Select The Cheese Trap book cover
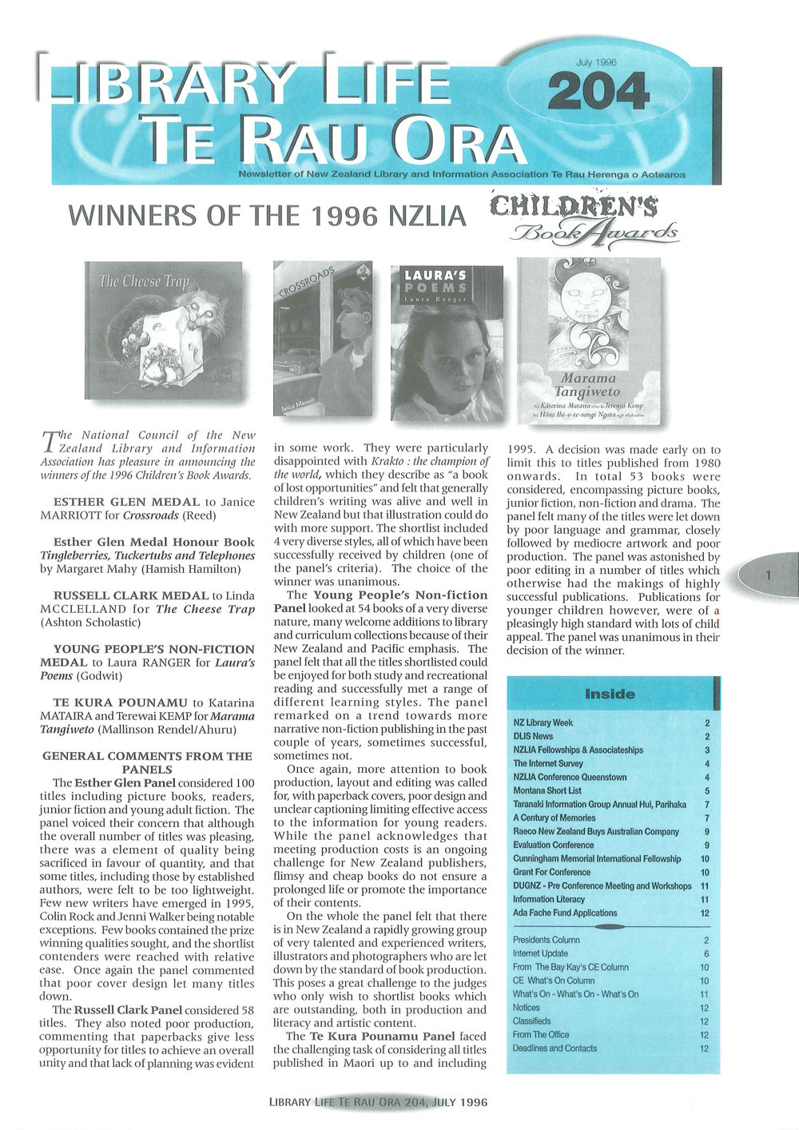[x=163, y=330]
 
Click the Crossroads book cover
[x=322, y=337]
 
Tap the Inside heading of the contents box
[x=610, y=694]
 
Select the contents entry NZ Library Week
[x=543, y=722]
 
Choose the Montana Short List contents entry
[x=547, y=790]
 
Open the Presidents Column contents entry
[x=547, y=940]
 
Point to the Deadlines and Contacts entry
[x=555, y=1048]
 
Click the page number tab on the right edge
[x=768, y=575]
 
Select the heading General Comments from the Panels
[x=147, y=762]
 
